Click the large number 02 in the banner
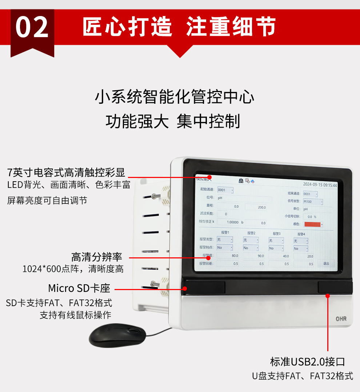point(32,28)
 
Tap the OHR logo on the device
point(341,319)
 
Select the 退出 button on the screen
point(326,263)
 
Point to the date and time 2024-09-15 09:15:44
point(320,185)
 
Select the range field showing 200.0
point(257,207)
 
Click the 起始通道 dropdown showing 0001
point(225,190)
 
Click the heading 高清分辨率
point(96,257)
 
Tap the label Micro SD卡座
point(79,289)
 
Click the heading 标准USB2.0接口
point(308,362)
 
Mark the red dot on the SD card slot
point(185,289)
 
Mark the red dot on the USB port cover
point(328,296)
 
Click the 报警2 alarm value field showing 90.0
point(256,256)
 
